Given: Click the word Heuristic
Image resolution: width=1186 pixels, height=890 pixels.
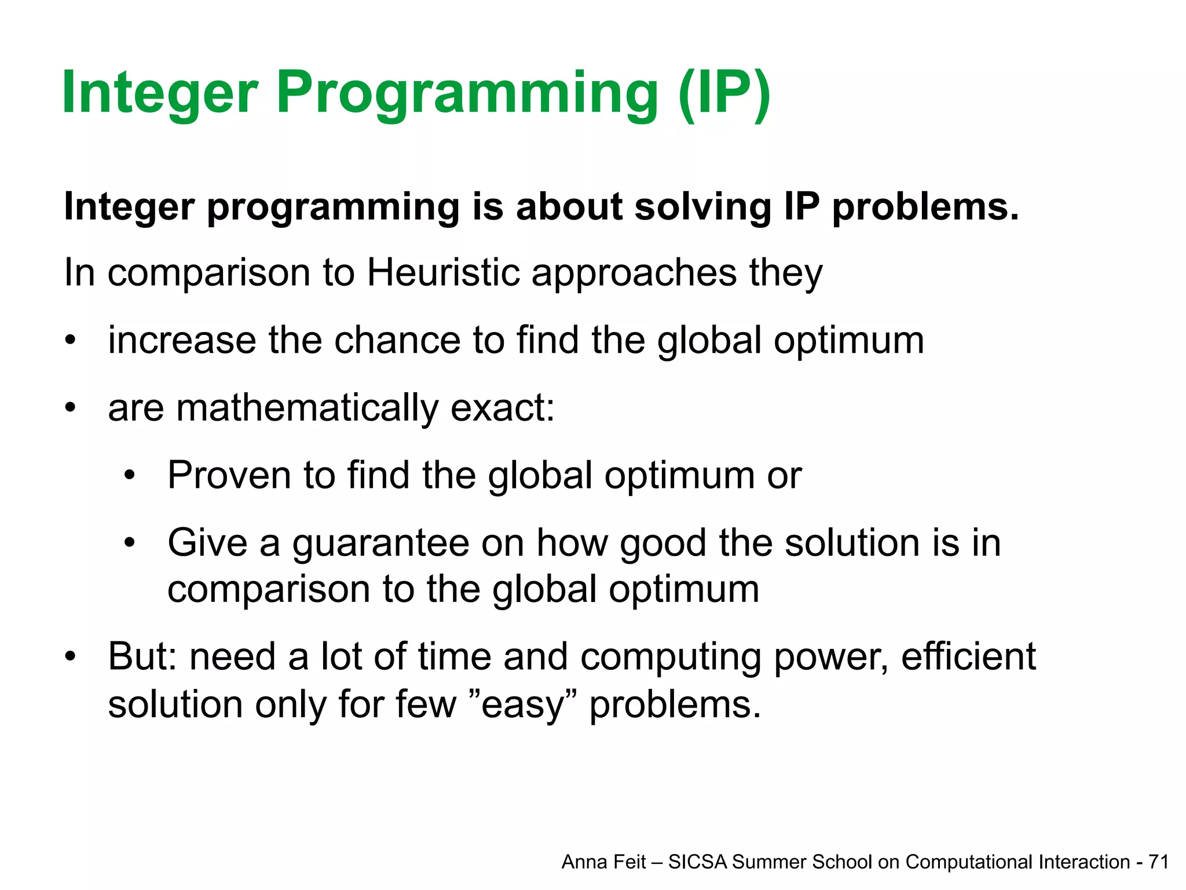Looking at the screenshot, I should point(443,272).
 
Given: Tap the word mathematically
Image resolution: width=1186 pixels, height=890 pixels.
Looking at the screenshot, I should point(307,408).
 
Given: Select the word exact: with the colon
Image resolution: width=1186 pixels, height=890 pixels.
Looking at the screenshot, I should point(502,408).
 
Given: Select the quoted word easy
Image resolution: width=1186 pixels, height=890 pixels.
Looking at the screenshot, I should point(522,706).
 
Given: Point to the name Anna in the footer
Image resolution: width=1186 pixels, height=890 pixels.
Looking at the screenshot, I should point(581,862).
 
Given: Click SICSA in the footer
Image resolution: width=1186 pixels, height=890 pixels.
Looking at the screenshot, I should point(698,862).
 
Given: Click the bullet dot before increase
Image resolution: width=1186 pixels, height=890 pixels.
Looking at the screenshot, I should point(70,341).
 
